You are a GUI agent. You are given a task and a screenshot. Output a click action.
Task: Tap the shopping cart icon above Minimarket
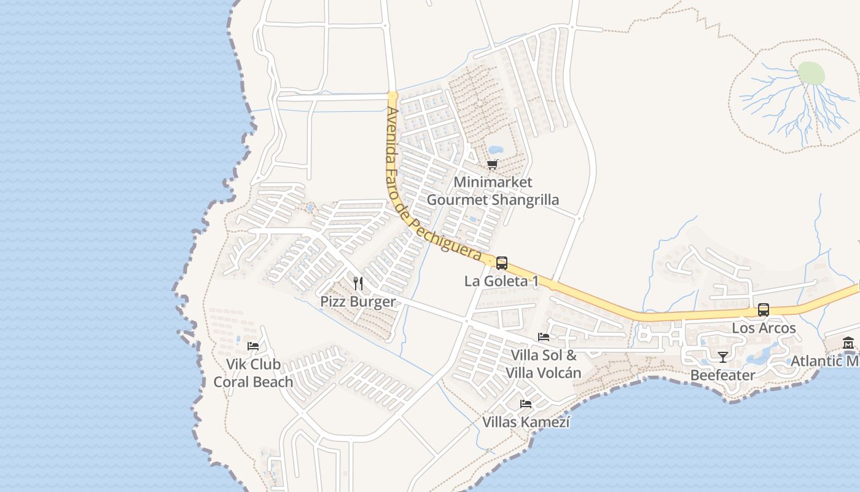pyautogui.click(x=492, y=164)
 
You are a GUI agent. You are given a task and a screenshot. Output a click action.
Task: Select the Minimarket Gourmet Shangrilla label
pyautogui.click(x=493, y=191)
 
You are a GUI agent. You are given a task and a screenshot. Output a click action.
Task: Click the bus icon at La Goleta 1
pyautogui.click(x=502, y=263)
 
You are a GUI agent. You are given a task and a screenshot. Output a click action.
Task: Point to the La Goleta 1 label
pyautogui.click(x=501, y=281)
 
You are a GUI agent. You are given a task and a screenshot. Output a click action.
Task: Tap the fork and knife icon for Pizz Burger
pyautogui.click(x=358, y=284)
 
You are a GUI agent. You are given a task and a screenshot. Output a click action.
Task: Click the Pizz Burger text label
pyautogui.click(x=358, y=301)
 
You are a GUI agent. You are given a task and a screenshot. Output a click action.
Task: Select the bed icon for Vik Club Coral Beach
pyautogui.click(x=252, y=346)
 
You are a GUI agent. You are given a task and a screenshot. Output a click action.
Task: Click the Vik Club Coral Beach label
pyautogui.click(x=253, y=373)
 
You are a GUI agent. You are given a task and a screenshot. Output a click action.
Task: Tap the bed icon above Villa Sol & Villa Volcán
pyautogui.click(x=544, y=337)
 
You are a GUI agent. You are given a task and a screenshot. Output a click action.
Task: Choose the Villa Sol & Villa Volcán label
pyautogui.click(x=544, y=364)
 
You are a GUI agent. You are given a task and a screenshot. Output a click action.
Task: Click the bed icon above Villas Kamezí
pyautogui.click(x=526, y=404)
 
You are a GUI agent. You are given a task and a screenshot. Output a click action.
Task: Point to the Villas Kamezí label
pyautogui.click(x=526, y=422)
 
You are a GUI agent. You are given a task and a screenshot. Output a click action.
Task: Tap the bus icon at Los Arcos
pyautogui.click(x=764, y=310)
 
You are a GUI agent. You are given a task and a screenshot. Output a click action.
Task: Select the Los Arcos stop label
pyautogui.click(x=764, y=328)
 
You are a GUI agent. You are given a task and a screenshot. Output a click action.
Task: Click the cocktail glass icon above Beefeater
pyautogui.click(x=722, y=357)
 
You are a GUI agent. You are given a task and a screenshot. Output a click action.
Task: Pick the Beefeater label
pyautogui.click(x=722, y=375)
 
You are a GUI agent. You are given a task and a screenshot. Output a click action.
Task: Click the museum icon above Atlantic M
pyautogui.click(x=848, y=343)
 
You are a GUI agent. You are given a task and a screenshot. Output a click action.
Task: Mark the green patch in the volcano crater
pyautogui.click(x=811, y=73)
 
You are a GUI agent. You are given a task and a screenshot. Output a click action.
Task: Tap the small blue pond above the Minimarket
pyautogui.click(x=495, y=149)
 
